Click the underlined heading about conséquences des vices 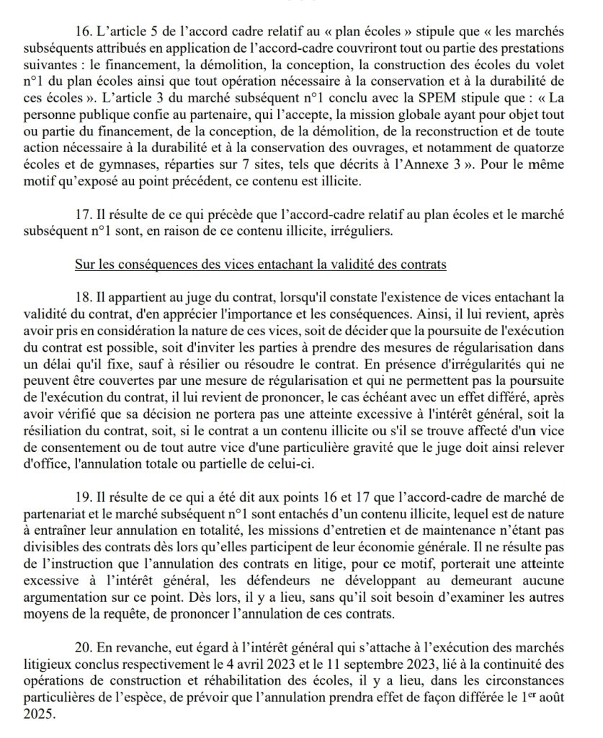261,264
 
